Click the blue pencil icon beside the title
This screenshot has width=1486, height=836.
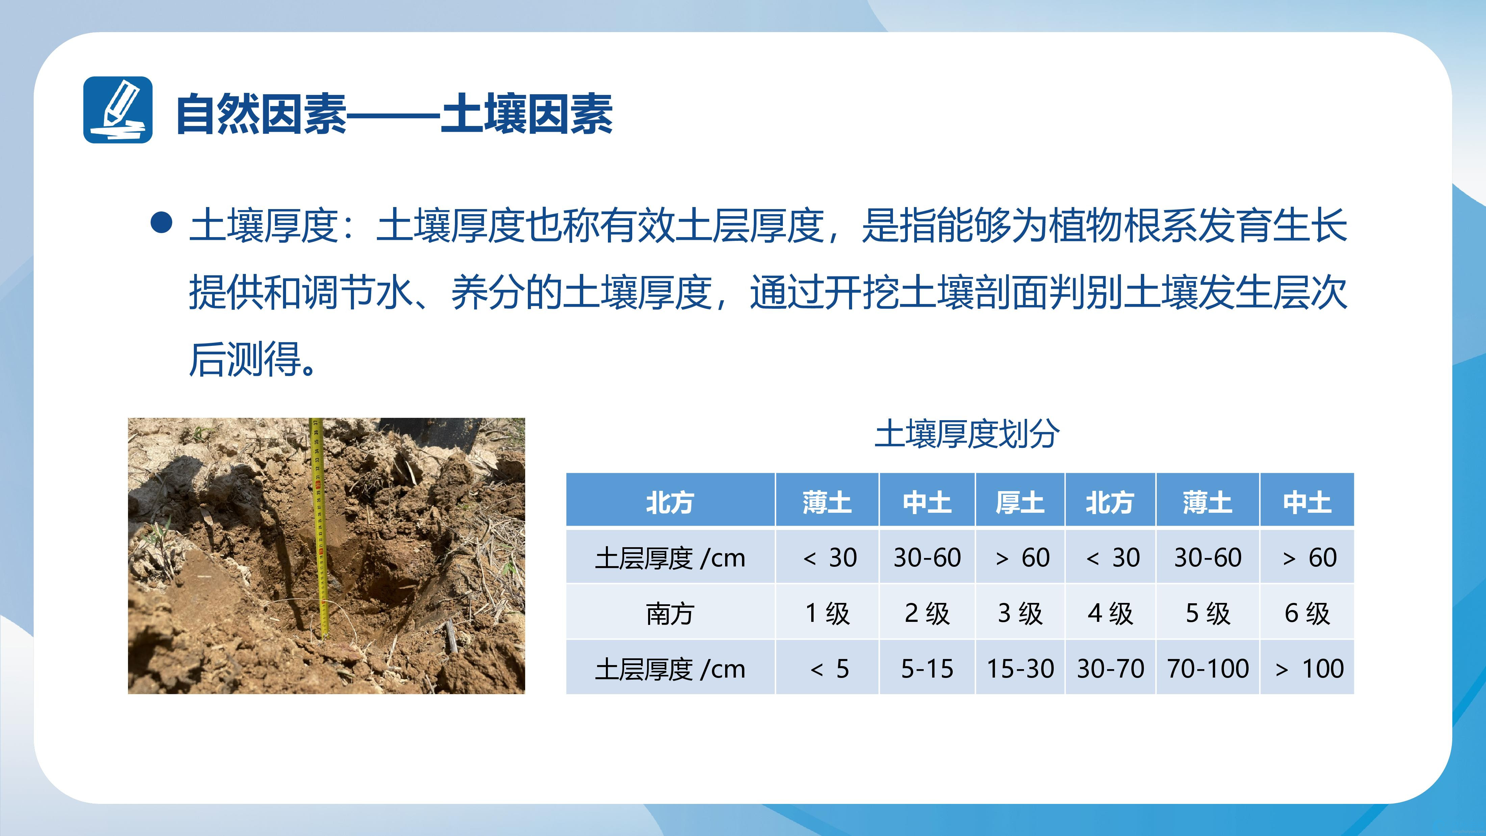coord(118,110)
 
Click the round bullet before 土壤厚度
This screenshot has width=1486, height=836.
coord(161,223)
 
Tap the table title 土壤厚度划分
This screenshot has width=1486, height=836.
coord(967,434)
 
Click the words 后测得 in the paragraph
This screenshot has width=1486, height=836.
coord(245,359)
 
